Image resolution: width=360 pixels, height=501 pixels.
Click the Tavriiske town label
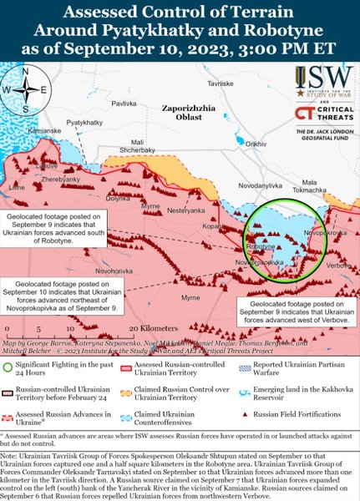[x=244, y=85]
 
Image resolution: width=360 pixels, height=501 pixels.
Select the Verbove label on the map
[x=339, y=266]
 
